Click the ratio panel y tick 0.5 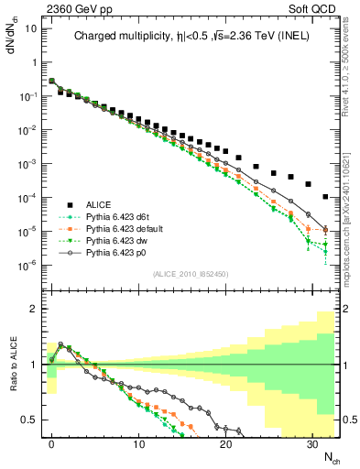(x=30, y=420)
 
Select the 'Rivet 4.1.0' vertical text (x=350, y=73)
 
